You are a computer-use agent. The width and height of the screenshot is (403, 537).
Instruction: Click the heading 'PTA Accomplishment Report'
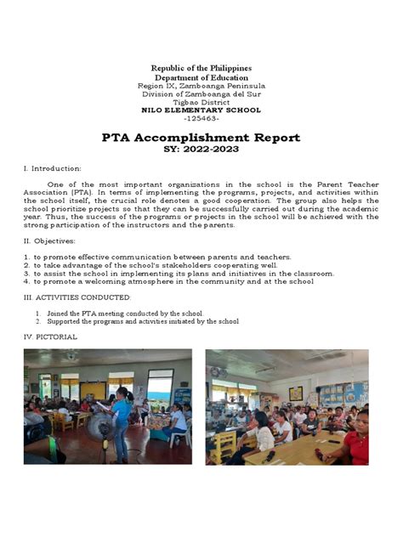(x=201, y=138)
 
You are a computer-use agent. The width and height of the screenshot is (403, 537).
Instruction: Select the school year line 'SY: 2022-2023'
(x=201, y=150)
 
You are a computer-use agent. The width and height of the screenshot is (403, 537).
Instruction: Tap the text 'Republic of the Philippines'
(x=201, y=68)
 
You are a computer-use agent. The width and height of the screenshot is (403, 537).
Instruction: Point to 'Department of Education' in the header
(x=201, y=77)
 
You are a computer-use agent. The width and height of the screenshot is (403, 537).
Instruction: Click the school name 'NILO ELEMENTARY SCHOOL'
(x=201, y=110)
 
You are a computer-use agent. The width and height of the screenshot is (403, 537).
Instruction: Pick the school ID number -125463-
(x=201, y=119)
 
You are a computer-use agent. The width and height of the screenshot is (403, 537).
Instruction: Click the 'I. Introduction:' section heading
(x=52, y=169)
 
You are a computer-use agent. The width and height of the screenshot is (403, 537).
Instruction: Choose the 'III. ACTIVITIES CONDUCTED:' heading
(x=77, y=297)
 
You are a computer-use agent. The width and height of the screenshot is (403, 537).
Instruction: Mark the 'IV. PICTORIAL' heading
(x=50, y=337)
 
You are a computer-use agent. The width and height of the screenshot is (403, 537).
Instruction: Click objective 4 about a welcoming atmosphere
(x=168, y=282)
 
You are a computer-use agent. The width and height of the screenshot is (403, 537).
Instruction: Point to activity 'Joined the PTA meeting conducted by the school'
(x=124, y=314)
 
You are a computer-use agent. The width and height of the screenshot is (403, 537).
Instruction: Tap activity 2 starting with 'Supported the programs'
(x=141, y=322)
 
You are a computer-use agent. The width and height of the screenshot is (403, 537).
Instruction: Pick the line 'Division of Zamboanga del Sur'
(x=201, y=94)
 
